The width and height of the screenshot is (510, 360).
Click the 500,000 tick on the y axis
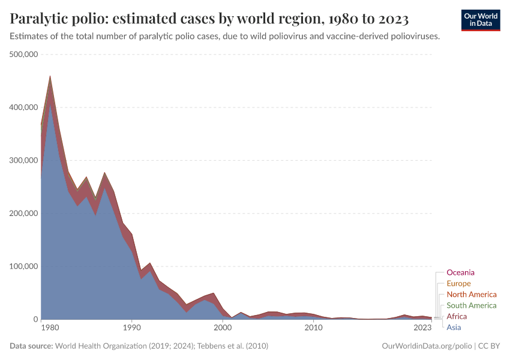click(x=22, y=55)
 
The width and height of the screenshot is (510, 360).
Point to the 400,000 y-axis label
click(x=22, y=107)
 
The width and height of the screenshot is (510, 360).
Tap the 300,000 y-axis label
click(x=22, y=160)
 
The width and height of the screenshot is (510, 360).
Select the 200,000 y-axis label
click(x=22, y=214)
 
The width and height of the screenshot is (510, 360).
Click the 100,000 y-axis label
click(x=22, y=266)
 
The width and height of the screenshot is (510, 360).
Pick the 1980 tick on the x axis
click(x=50, y=328)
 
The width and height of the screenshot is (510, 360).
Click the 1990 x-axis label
click(x=131, y=328)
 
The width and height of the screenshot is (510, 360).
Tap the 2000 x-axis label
click(x=223, y=328)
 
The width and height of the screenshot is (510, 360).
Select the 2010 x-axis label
click(x=314, y=328)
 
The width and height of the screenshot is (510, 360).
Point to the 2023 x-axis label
click(x=422, y=328)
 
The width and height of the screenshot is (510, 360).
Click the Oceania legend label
click(x=460, y=272)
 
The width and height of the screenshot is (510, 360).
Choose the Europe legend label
click(x=459, y=283)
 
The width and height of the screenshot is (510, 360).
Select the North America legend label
click(x=472, y=295)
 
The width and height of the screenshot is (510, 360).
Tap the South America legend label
click(x=472, y=305)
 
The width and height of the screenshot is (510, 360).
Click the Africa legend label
click(x=457, y=316)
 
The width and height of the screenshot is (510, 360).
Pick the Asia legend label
click(x=454, y=327)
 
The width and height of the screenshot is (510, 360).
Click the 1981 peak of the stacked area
click(x=50, y=77)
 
